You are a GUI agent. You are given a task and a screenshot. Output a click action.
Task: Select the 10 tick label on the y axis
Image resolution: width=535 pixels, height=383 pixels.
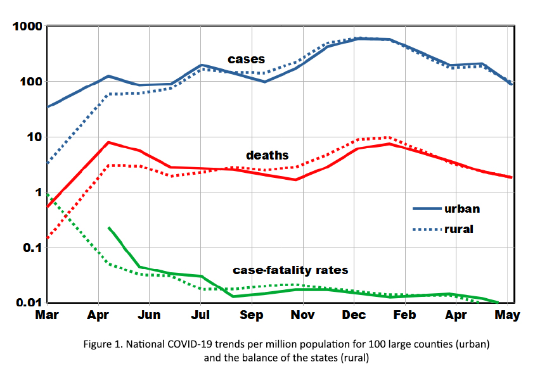pos(34,137)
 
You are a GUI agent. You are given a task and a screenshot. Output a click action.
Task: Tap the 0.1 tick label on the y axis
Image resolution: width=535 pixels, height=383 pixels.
pos(30,248)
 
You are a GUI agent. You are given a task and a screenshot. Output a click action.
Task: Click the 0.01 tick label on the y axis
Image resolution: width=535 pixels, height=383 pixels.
pos(27,303)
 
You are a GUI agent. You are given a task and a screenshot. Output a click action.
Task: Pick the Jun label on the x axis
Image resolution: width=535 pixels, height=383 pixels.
pos(149,315)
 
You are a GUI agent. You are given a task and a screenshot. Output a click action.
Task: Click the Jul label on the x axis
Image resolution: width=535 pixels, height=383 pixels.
pos(200,315)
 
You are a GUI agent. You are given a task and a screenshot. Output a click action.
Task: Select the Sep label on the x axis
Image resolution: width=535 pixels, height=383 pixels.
pos(252,315)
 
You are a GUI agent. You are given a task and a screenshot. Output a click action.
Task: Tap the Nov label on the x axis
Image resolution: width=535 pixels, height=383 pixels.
pos(303,315)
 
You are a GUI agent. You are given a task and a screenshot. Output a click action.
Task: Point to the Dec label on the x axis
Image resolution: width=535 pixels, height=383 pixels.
pos(354,315)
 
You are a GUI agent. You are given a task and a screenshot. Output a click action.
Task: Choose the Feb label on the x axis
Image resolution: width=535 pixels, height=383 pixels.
pos(406,315)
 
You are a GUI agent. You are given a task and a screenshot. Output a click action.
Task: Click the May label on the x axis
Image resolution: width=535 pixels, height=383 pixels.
pos(507,315)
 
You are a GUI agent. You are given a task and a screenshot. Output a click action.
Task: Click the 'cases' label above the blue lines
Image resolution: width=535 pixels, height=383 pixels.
pos(246,60)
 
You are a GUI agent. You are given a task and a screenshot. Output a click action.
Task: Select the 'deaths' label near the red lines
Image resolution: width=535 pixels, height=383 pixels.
pos(267,155)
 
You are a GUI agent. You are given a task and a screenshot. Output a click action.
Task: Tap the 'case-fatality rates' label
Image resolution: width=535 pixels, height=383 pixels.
pos(290,270)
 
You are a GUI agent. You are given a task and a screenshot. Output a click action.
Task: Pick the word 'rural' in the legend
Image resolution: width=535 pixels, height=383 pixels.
pos(458,229)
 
